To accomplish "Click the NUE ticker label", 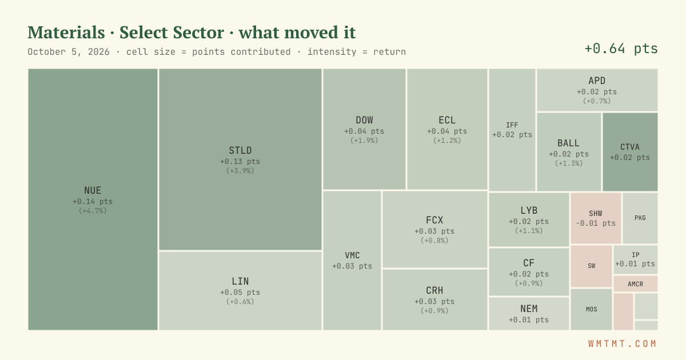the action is click(x=93, y=190).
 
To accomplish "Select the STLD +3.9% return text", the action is click(x=240, y=170).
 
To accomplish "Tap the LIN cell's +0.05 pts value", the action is click(x=240, y=293).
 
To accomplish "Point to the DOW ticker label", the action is click(x=364, y=120).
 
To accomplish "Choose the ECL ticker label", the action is click(x=447, y=120).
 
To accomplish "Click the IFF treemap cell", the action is click(x=512, y=130).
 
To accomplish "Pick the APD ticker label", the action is click(x=597, y=81).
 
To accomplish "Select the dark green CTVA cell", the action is click(x=630, y=152).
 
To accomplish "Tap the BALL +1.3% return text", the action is click(x=569, y=163).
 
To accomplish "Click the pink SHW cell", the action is click(x=596, y=218).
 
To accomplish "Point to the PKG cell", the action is click(x=640, y=218).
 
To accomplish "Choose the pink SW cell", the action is click(x=591, y=266).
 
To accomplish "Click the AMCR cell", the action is click(x=636, y=284).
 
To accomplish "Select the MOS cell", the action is click(x=591, y=310).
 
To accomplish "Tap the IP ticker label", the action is click(x=636, y=255).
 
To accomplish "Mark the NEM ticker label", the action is click(x=529, y=309).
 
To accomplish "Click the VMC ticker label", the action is click(x=352, y=255).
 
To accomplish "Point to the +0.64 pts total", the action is click(x=621, y=49).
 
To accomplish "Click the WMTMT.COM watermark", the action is click(x=623, y=344).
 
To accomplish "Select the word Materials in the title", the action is click(x=66, y=32).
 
